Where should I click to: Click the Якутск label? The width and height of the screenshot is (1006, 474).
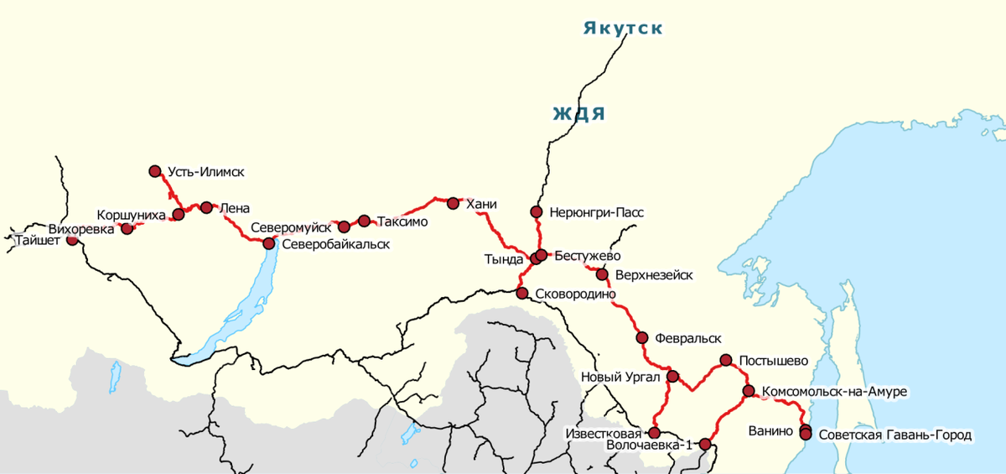[x=623, y=29]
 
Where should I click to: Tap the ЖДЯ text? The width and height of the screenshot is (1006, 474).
[x=578, y=114]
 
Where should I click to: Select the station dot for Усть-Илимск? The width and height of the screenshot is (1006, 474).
[x=155, y=171]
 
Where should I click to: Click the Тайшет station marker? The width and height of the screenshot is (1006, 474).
[x=73, y=239]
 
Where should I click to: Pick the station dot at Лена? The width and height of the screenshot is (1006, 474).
[x=207, y=207]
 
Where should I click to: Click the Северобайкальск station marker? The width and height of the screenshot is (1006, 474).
[x=269, y=243]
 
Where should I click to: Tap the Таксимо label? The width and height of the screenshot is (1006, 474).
[x=403, y=222]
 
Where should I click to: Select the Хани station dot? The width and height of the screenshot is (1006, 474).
[x=454, y=203]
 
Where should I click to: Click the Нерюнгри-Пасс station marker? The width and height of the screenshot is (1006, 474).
[x=537, y=211]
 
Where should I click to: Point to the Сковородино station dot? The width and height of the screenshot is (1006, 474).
[x=522, y=294]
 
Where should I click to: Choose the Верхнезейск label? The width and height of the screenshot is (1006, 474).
[x=654, y=275]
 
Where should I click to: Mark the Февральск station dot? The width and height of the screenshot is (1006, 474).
[x=642, y=338]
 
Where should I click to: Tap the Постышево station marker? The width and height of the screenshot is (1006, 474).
[x=727, y=361]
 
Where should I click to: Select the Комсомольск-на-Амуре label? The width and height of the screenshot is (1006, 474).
[x=834, y=392]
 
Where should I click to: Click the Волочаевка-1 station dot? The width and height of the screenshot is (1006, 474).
[x=705, y=444]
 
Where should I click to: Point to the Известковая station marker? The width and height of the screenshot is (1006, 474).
[x=655, y=432]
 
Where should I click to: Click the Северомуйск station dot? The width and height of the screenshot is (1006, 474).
[x=344, y=227]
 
